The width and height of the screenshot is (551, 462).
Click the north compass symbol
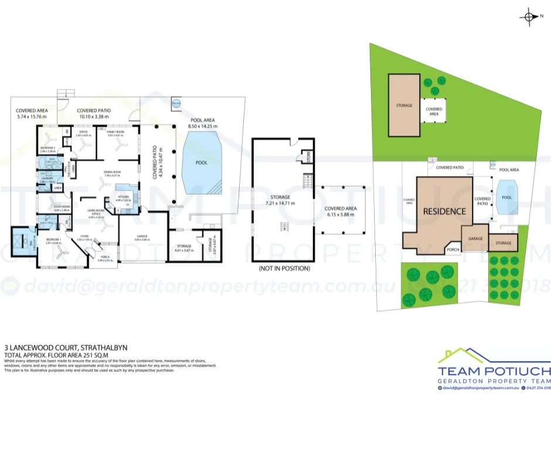click(529, 18)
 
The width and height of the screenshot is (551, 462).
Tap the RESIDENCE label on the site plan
click(444, 211)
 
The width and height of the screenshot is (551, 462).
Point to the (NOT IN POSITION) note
click(284, 269)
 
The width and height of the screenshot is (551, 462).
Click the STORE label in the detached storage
click(305, 156)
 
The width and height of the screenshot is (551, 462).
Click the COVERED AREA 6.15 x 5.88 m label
click(340, 211)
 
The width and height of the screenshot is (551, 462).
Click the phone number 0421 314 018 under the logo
click(539, 388)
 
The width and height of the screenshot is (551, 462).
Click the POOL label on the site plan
click(507, 198)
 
